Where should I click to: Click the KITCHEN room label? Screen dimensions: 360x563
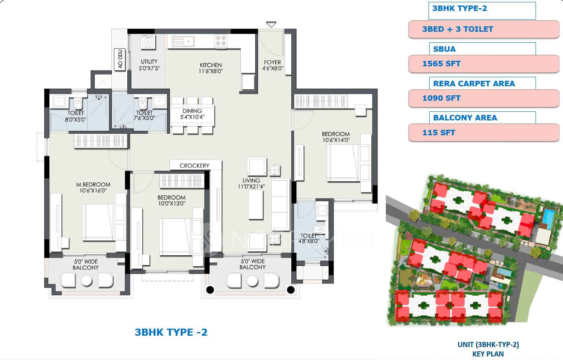pyautogui.click(x=211, y=65)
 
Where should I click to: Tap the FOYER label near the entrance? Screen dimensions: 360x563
pyautogui.click(x=272, y=62)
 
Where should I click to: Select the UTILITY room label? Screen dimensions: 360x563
pyautogui.click(x=149, y=62)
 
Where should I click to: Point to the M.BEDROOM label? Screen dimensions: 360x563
pyautogui.click(x=93, y=185)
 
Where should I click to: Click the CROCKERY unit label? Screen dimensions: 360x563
pyautogui.click(x=194, y=165)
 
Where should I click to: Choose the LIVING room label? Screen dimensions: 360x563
pyautogui.click(x=251, y=181)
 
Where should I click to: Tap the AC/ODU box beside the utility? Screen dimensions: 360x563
pyautogui.click(x=120, y=59)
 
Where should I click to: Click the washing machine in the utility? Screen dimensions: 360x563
pyautogui.click(x=148, y=42)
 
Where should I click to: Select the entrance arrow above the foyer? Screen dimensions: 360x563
pyautogui.click(x=271, y=25)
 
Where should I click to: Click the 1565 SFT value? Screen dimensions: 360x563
pyautogui.click(x=441, y=64)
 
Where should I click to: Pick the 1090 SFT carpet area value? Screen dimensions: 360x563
pyautogui.click(x=441, y=98)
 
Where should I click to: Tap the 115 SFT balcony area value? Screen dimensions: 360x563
pyautogui.click(x=439, y=133)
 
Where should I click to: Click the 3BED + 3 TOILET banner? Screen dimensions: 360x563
pyautogui.click(x=458, y=29)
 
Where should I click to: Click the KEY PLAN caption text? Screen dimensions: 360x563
pyautogui.click(x=488, y=354)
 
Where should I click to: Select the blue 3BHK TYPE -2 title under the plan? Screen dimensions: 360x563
pyautogui.click(x=171, y=333)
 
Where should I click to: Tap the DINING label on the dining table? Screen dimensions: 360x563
pyautogui.click(x=192, y=111)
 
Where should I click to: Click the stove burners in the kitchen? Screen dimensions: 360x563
pyautogui.click(x=221, y=41)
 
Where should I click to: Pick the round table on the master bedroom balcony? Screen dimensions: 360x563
pyautogui.click(x=86, y=280)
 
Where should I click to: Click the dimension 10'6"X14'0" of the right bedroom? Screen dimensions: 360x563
pyautogui.click(x=336, y=140)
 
